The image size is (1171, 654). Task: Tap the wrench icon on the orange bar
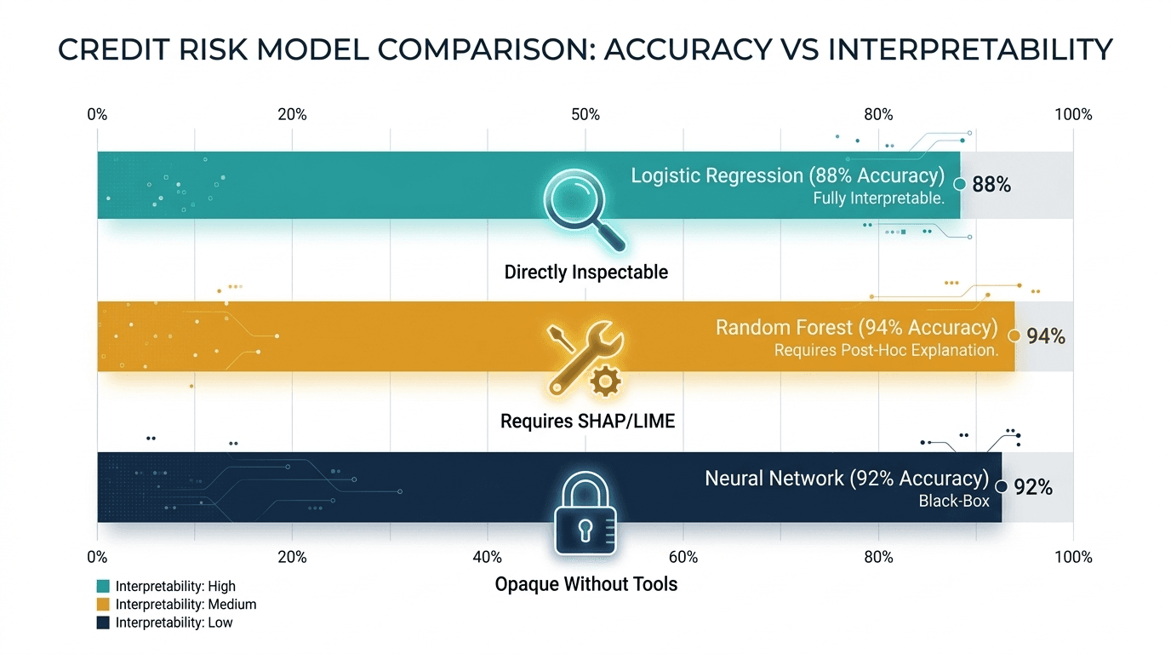coord(587,353)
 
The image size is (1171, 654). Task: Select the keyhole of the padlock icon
coord(585,529)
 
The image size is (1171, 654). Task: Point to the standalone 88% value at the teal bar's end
coord(991,184)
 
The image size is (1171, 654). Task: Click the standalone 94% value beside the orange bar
coord(1045,336)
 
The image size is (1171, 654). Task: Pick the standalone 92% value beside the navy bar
coord(1033,488)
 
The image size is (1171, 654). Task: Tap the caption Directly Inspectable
coord(585,272)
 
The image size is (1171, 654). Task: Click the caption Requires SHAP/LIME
coord(587,421)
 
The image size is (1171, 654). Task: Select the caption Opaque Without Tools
coord(585,584)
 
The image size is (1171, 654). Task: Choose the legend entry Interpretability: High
coord(175,586)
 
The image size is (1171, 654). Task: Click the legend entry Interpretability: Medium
coord(186,605)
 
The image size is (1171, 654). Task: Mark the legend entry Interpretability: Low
coord(174,622)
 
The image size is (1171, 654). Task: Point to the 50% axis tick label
coord(585,115)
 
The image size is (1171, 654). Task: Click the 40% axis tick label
coord(488,557)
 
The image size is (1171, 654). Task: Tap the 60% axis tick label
coord(683,557)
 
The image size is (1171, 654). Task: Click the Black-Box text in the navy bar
coord(953,502)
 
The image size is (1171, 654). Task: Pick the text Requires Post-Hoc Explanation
coord(885,350)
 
